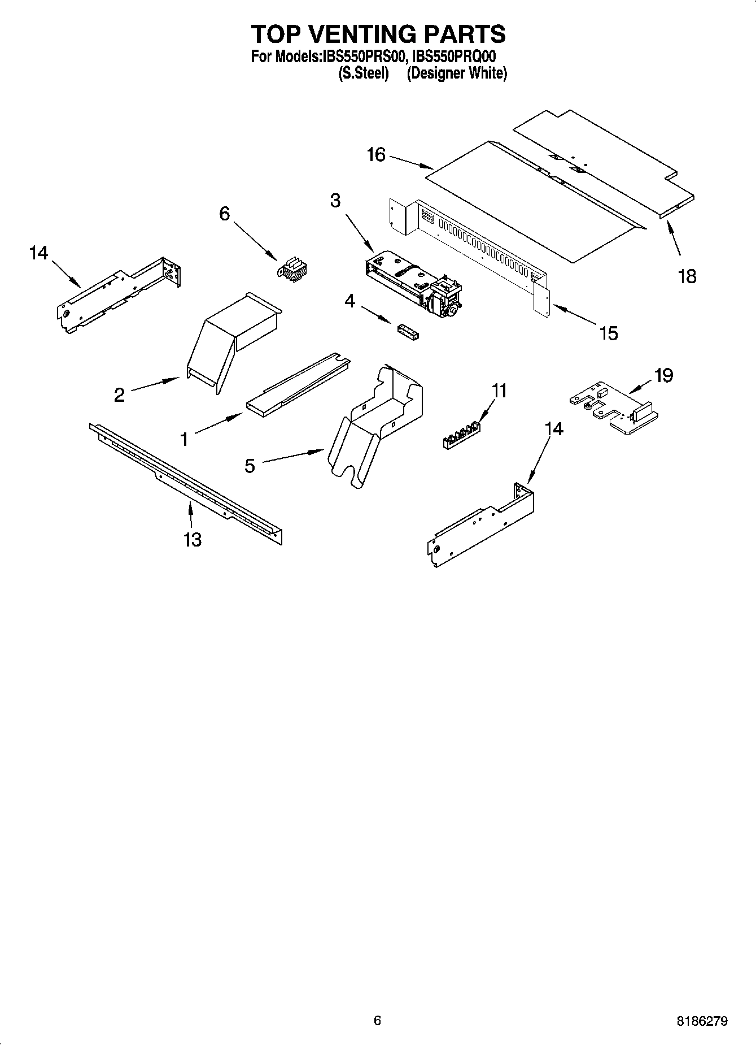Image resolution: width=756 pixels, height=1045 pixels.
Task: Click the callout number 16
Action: [376, 154]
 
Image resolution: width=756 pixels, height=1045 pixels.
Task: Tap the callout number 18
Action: [687, 276]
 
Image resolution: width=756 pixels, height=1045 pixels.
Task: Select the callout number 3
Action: [335, 200]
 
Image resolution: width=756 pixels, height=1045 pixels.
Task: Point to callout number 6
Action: [225, 214]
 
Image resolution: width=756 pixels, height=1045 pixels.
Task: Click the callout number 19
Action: [663, 375]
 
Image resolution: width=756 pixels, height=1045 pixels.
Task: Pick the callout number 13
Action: [193, 539]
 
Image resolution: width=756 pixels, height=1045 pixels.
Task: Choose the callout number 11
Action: [499, 391]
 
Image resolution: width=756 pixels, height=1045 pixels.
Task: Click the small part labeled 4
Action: [408, 332]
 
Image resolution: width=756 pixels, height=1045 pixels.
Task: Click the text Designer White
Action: [457, 73]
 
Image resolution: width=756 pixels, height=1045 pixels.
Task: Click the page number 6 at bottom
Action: [377, 1020]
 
